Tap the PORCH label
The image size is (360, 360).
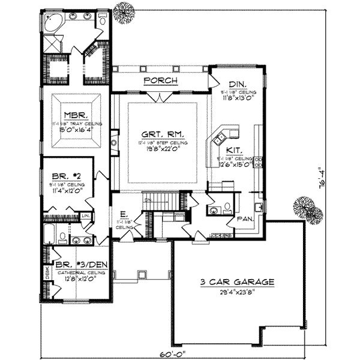(x=159, y=80)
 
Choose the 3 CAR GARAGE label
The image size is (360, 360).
(x=238, y=281)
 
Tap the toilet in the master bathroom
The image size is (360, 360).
(x=103, y=21)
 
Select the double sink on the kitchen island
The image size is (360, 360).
(x=230, y=133)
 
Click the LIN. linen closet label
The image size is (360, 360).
(x=86, y=215)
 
